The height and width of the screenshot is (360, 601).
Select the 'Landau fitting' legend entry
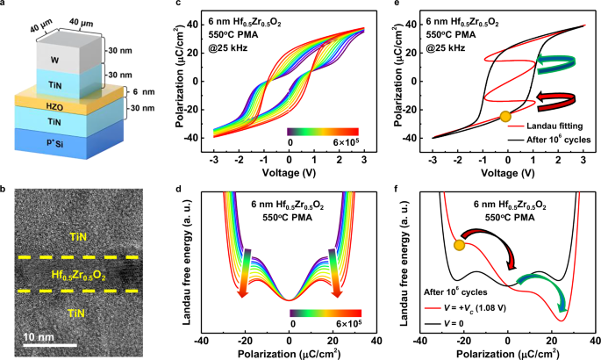[551, 126]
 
